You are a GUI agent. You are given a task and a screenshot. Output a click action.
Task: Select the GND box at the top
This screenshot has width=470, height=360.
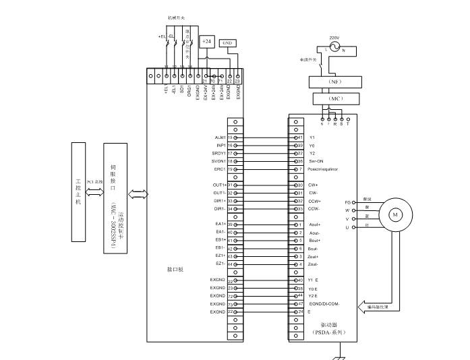click(228, 42)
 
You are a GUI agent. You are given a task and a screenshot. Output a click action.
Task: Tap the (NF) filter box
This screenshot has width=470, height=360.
click(335, 82)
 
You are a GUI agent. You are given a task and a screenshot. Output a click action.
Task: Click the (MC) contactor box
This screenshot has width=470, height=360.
click(335, 98)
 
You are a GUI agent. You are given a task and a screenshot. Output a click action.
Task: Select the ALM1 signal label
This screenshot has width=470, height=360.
click(220, 137)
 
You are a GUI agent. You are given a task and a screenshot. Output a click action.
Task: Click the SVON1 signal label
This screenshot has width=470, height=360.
click(218, 161)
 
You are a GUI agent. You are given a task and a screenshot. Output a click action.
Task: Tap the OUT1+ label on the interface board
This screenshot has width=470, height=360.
click(219, 185)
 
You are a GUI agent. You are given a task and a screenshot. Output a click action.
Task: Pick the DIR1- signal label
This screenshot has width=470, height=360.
click(220, 209)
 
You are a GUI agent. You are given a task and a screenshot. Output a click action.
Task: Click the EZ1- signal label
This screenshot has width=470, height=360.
click(220, 264)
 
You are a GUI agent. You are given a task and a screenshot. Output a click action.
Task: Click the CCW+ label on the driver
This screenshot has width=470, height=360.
click(315, 201)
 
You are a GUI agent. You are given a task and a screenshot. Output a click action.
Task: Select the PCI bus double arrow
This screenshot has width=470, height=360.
click(94, 193)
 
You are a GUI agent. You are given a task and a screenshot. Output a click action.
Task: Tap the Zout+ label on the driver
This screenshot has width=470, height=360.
click(314, 256)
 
